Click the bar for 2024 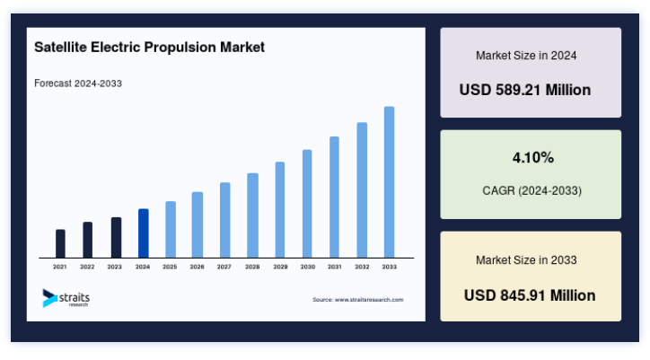tap(144, 233)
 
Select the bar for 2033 tap(390, 182)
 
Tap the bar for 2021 tap(60, 243)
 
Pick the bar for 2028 tap(252, 215)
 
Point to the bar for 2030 tap(307, 204)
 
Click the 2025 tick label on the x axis tap(170, 267)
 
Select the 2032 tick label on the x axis tap(362, 267)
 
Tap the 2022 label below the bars tap(87, 267)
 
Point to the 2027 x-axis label tap(224, 267)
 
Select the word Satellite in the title tap(60, 47)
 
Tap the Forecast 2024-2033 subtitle tap(78, 83)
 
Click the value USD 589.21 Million tap(525, 90)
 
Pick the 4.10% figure tap(533, 158)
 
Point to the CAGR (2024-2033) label tap(531, 191)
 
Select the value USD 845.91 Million tap(530, 295)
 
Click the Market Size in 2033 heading tap(526, 260)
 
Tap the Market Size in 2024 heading tap(526, 56)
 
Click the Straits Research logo tap(66, 298)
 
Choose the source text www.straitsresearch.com tap(369, 300)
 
